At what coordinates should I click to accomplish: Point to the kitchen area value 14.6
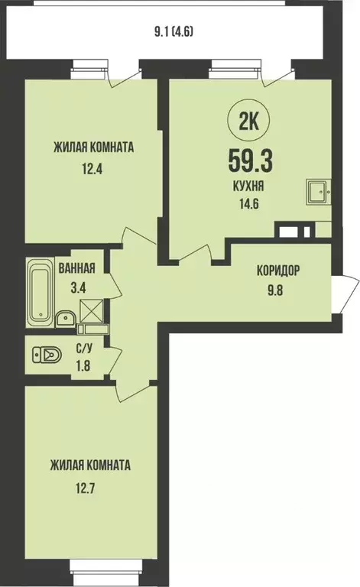(x=251, y=203)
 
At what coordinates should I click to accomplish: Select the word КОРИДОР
(x=277, y=270)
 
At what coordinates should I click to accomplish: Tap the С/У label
(x=86, y=348)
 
